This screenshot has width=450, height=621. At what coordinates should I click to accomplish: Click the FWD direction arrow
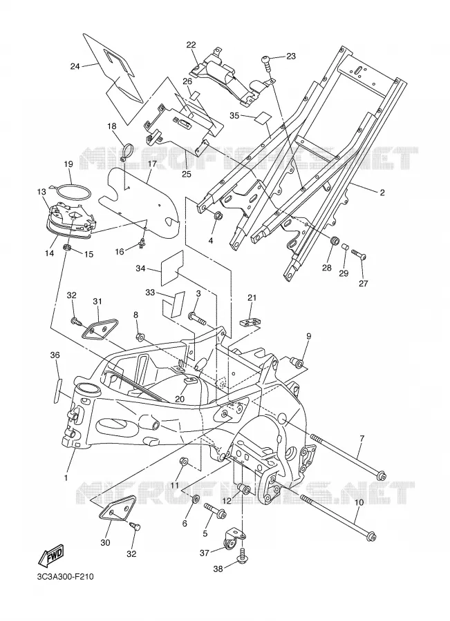50,556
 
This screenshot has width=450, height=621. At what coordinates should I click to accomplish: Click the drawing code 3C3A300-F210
64,577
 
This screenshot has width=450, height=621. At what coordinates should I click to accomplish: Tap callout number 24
75,66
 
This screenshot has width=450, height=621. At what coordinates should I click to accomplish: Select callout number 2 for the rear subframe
382,193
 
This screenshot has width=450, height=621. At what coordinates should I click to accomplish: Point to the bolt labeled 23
266,62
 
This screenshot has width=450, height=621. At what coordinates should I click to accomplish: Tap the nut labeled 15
68,248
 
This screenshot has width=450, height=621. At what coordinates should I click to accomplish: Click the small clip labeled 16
141,245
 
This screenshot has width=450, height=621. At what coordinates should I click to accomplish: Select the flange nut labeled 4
217,217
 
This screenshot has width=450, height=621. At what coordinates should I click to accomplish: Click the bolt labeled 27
359,255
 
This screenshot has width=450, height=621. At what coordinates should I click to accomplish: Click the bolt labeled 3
197,317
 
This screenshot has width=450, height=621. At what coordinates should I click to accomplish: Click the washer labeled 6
196,499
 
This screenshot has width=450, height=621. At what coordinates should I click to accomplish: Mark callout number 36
55,355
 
